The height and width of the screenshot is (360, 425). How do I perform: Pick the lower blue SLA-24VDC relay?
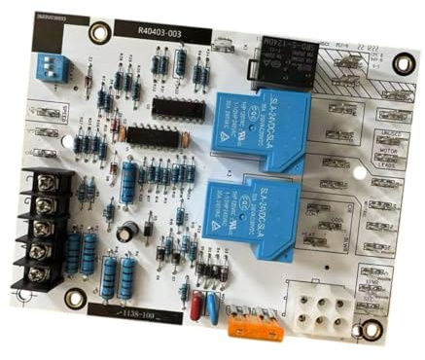254,207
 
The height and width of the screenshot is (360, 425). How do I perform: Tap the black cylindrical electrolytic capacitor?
128,233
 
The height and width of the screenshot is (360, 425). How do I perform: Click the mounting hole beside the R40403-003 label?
97,33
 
